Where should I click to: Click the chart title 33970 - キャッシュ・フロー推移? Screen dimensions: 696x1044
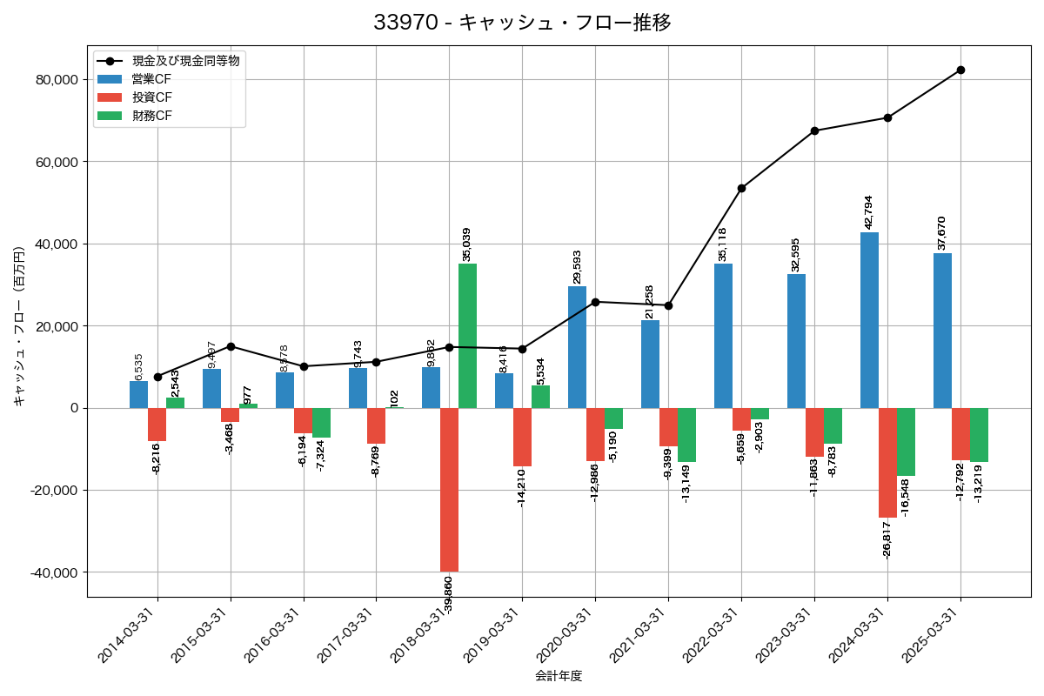522,23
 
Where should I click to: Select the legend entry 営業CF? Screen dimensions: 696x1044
151,79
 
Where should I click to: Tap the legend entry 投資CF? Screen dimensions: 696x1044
151,97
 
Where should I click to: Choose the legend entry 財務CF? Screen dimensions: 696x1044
151,116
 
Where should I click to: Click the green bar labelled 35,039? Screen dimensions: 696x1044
467,336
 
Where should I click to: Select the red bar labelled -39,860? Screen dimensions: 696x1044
449,490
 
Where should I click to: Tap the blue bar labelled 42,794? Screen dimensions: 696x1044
869,320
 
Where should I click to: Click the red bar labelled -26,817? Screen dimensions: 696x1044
887,463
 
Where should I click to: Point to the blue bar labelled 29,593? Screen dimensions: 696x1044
577,347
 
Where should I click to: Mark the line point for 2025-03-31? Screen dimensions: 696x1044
960,70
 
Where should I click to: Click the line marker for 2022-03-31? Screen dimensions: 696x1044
741,188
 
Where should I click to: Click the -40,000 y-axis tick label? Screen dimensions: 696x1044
52,572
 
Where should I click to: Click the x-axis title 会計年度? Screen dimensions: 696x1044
559,676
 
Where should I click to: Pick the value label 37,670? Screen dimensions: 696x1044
941,233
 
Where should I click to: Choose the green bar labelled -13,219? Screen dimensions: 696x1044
979,435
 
